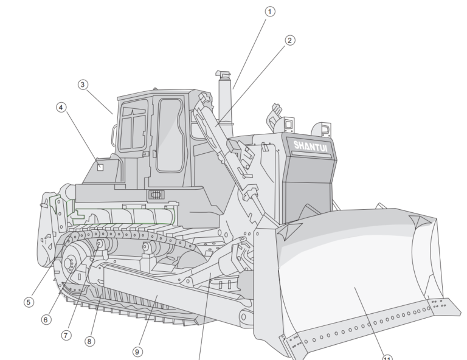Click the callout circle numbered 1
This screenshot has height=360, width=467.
[270, 12]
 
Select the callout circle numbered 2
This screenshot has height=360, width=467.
[289, 40]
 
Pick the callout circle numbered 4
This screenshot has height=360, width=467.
[61, 107]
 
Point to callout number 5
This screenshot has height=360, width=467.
[29, 302]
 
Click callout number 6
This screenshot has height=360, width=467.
[46, 319]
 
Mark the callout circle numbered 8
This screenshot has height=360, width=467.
[89, 341]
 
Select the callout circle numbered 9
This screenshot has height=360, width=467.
[137, 351]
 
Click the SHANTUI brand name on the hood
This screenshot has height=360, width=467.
[310, 145]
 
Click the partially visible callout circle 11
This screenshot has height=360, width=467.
[387, 357]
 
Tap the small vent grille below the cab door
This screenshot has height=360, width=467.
[157, 195]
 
